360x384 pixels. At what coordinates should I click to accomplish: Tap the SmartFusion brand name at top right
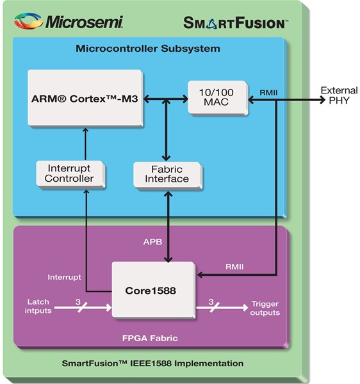(x=235, y=22)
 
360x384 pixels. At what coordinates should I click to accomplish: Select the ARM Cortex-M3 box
(x=84, y=98)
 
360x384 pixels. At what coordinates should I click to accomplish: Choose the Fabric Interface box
(x=167, y=173)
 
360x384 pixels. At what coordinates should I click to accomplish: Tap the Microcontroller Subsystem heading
(x=148, y=49)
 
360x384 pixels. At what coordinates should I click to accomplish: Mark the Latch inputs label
(x=37, y=306)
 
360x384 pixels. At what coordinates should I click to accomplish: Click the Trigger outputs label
(x=265, y=308)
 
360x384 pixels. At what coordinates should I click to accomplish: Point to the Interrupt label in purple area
(x=64, y=277)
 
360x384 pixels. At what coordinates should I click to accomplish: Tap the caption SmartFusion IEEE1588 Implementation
(x=152, y=363)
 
